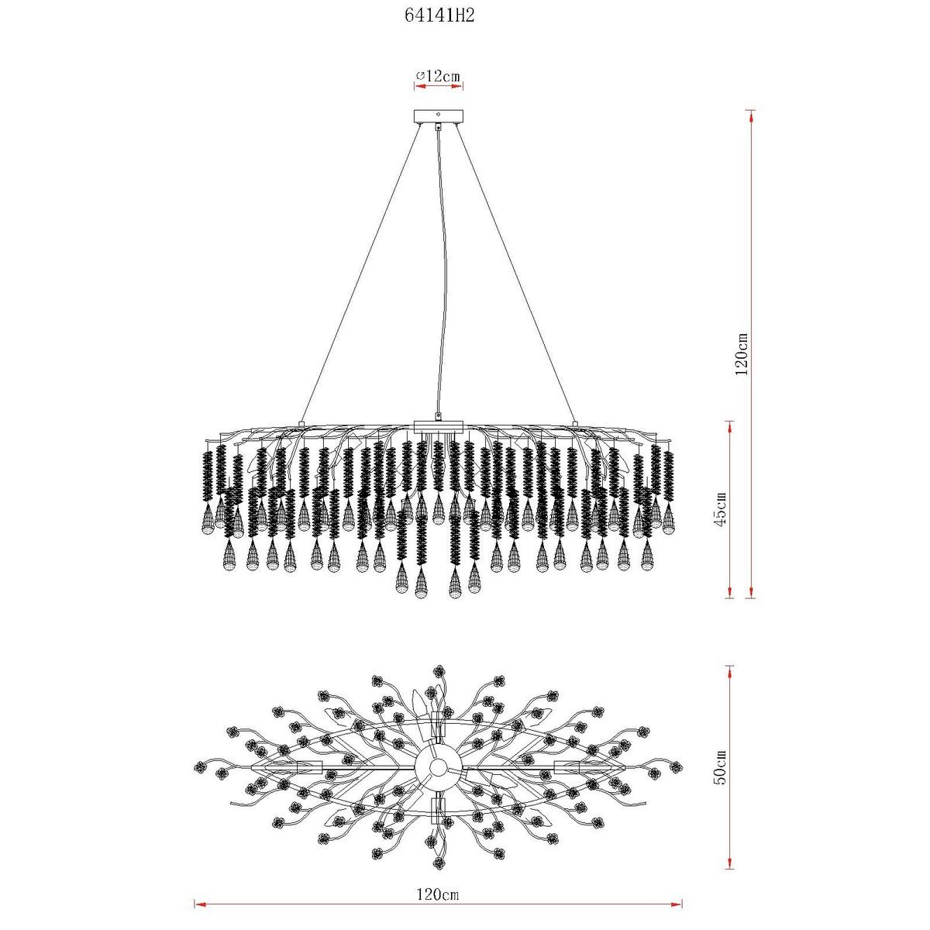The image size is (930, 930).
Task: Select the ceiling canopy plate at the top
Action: (438, 116)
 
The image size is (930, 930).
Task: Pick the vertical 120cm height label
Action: (742, 354)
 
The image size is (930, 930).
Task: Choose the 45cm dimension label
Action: (721, 509)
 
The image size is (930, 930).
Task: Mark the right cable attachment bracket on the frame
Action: (574, 423)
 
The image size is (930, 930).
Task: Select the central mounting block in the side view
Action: (438, 426)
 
